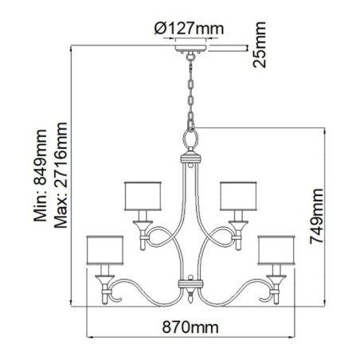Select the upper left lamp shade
tap(144, 196)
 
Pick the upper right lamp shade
tap(237, 196)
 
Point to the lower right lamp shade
tap(278, 251)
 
